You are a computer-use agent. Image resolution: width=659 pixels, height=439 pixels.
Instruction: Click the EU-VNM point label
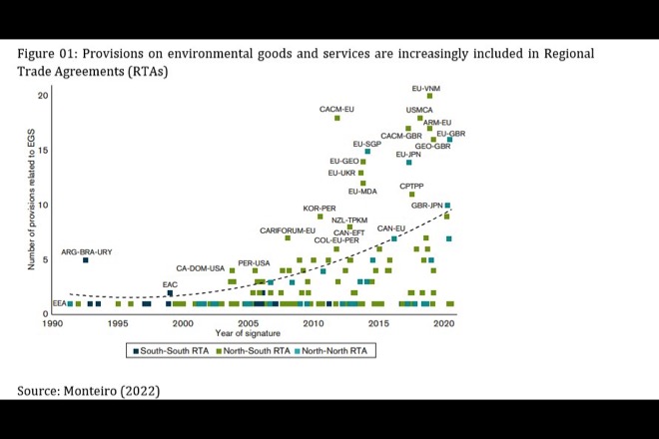point(426,88)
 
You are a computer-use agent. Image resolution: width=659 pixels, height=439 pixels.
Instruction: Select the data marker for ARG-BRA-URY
point(86,260)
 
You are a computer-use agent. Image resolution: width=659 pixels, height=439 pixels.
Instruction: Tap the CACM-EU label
point(337,109)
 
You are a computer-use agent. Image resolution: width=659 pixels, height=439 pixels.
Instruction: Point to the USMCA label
point(420,110)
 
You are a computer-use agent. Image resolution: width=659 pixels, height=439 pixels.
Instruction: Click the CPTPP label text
point(413,187)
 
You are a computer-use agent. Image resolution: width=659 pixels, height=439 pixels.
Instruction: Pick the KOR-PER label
point(320,209)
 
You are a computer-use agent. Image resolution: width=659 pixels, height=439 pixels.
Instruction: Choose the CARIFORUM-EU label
point(288,230)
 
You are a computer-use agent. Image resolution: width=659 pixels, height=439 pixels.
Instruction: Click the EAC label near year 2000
point(170,284)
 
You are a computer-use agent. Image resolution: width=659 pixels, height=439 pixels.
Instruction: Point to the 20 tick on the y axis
point(43,96)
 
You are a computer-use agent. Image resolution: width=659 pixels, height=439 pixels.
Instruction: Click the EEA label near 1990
point(59,302)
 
